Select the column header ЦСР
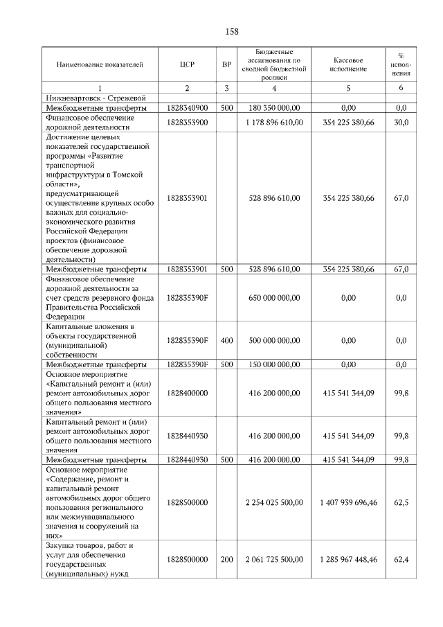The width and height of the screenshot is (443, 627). [x=186, y=65]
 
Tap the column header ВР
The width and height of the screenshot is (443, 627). [x=226, y=65]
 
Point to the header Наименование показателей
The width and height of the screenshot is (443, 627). [x=100, y=65]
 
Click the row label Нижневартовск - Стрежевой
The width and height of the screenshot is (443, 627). [x=93, y=98]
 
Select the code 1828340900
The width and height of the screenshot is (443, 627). [x=187, y=109]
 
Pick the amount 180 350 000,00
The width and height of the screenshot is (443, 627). [x=274, y=109]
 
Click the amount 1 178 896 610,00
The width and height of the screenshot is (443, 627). [x=273, y=123]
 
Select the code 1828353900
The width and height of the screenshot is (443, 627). [x=187, y=123]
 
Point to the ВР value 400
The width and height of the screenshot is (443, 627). [x=226, y=340]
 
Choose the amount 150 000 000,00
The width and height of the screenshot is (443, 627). [x=274, y=364]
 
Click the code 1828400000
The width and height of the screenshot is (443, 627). [x=187, y=392]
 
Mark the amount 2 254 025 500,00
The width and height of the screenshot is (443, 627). [x=273, y=502]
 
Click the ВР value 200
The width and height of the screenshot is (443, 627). [x=226, y=559]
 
